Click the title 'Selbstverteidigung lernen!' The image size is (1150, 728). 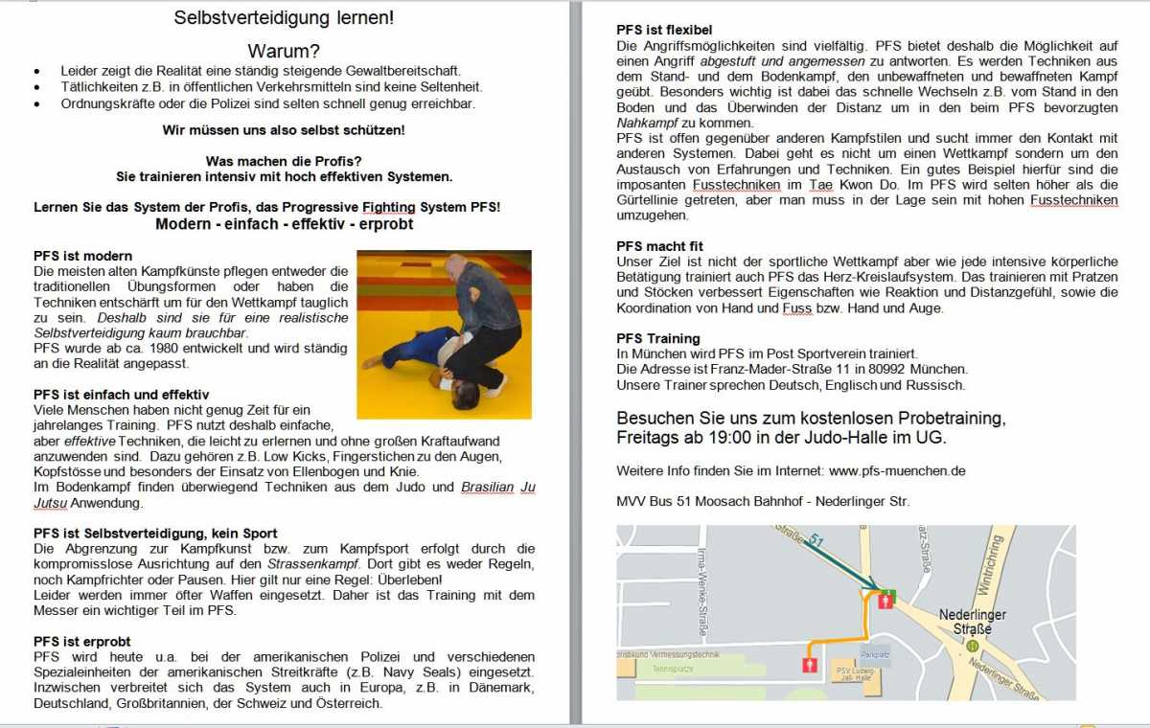click(284, 18)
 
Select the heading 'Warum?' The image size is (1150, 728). click(284, 51)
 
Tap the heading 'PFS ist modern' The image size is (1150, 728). click(82, 256)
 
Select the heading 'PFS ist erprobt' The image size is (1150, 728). click(82, 641)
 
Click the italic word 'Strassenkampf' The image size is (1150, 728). click(306, 564)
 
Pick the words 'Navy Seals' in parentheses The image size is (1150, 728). click(469, 672)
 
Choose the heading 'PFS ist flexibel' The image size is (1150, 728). click(664, 30)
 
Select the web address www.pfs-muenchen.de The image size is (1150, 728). click(897, 470)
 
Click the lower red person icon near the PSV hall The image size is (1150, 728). click(810, 664)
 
